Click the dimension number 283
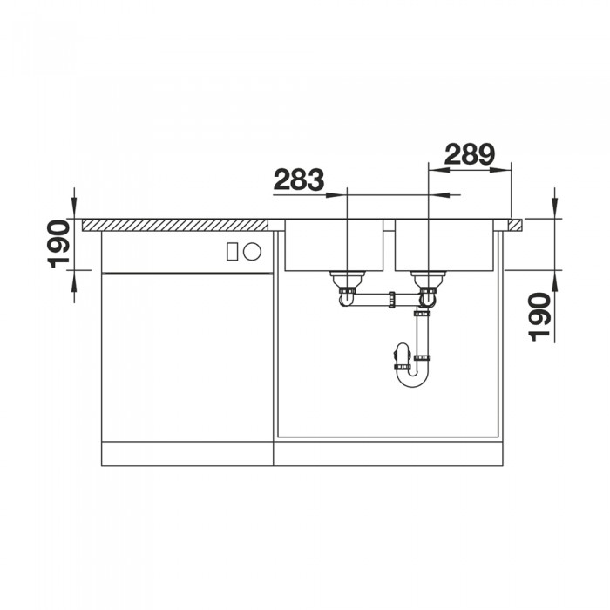[x=298, y=180]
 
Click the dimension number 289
[x=469, y=154]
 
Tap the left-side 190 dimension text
[x=58, y=244]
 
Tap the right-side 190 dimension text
[x=539, y=317]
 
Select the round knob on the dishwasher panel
[x=252, y=251]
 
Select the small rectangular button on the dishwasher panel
[x=232, y=251]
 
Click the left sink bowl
[x=334, y=245]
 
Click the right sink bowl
[x=444, y=245]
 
